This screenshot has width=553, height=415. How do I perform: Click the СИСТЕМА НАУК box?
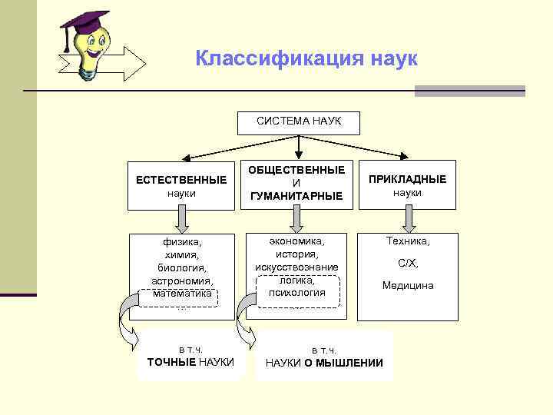click(299, 121)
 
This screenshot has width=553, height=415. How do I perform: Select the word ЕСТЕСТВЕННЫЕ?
click(181, 180)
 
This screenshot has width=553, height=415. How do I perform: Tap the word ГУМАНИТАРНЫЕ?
click(296, 196)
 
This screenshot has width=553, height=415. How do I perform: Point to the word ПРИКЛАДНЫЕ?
click(407, 179)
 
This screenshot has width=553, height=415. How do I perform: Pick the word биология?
click(181, 267)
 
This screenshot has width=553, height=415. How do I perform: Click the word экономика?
click(296, 241)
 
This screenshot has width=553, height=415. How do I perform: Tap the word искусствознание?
click(296, 267)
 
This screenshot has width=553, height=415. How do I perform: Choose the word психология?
click(296, 292)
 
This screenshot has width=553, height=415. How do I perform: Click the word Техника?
click(407, 241)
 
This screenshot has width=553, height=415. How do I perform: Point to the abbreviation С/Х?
click(407, 263)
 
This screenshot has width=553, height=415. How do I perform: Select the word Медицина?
click(407, 285)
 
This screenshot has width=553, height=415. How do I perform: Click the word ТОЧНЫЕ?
click(171, 362)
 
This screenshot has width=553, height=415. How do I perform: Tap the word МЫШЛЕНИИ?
click(350, 363)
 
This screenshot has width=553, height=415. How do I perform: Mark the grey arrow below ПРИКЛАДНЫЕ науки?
click(409, 218)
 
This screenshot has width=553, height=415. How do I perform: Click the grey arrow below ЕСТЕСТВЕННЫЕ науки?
click(181, 219)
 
